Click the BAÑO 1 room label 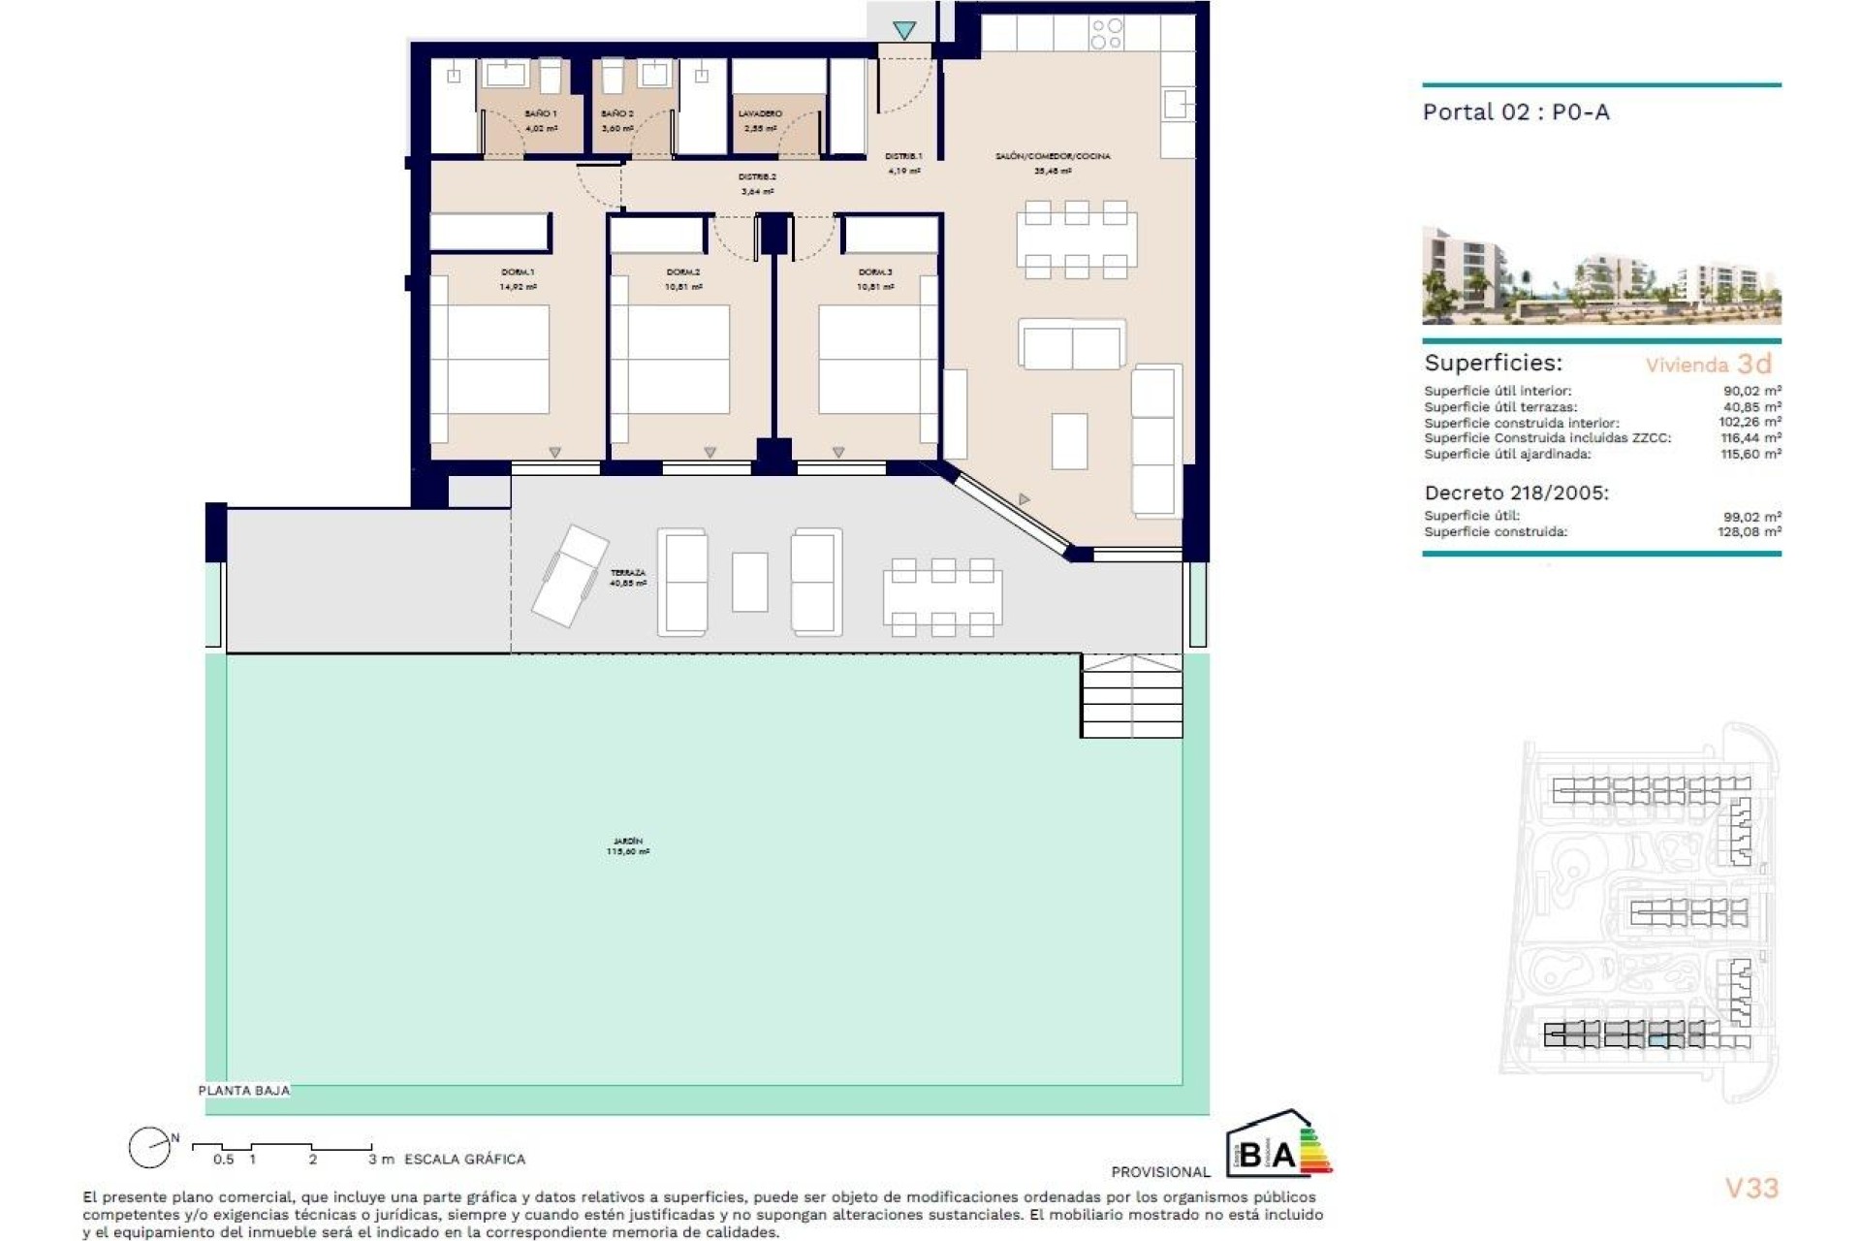pos(541,113)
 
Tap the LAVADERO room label pos(759,113)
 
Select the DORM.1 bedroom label pos(519,272)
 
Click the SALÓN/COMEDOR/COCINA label pos(1053,156)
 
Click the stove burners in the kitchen pos(1106,34)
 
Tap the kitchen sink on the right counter pos(1177,104)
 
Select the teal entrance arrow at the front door pos(904,31)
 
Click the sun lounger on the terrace pos(569,575)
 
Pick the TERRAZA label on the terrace pos(627,573)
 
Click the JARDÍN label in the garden pos(627,842)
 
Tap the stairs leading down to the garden pos(1131,695)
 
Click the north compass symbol pos(151,1148)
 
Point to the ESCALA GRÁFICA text pos(464,1159)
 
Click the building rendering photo pos(1601,275)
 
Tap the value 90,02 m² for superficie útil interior pos(1751,391)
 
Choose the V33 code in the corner pos(1751,1188)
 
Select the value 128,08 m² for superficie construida pos(1751,531)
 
